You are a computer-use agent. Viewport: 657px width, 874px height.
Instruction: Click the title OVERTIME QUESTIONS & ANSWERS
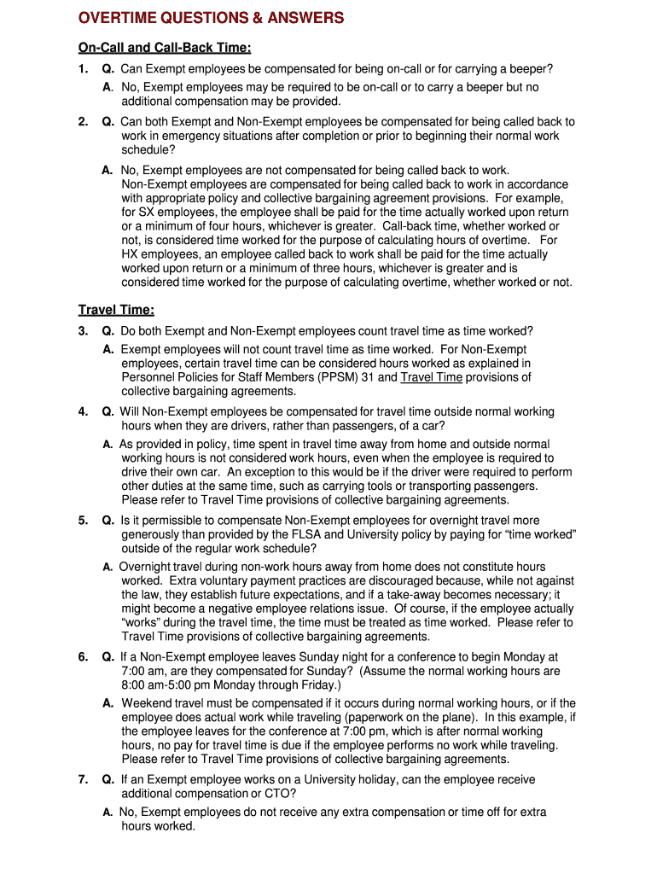[211, 18]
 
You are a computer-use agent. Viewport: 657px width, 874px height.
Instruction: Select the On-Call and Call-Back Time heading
[165, 48]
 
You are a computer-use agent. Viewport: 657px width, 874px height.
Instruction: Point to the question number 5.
[83, 521]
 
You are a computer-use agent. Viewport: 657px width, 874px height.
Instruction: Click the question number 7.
[83, 780]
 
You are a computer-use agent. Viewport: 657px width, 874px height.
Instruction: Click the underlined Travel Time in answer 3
[432, 377]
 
